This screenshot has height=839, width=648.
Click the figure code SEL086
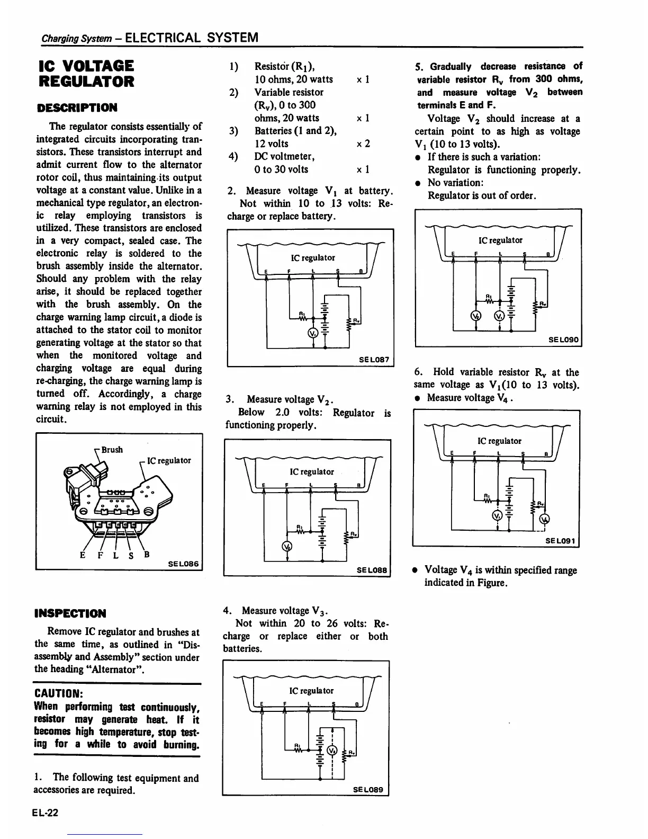click(x=183, y=564)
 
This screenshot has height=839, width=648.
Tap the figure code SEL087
click(x=374, y=360)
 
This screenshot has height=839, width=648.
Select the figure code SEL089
click(x=371, y=790)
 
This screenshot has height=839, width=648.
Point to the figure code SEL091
click(x=562, y=541)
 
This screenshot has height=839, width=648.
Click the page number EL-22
click(x=45, y=814)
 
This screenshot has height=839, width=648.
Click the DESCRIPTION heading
click(x=77, y=108)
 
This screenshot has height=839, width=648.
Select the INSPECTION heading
click(x=70, y=613)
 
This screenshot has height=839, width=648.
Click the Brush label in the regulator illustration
click(x=112, y=450)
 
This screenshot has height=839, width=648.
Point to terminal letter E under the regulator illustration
click(x=83, y=556)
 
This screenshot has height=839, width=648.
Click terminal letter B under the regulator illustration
click(x=147, y=555)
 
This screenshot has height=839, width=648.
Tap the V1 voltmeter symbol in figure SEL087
click(x=312, y=333)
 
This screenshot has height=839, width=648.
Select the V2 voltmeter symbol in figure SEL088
click(x=287, y=547)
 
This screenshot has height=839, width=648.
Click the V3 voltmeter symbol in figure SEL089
click(x=332, y=751)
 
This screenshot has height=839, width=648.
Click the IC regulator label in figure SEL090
click(x=500, y=240)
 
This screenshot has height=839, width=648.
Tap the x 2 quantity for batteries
click(x=363, y=144)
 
